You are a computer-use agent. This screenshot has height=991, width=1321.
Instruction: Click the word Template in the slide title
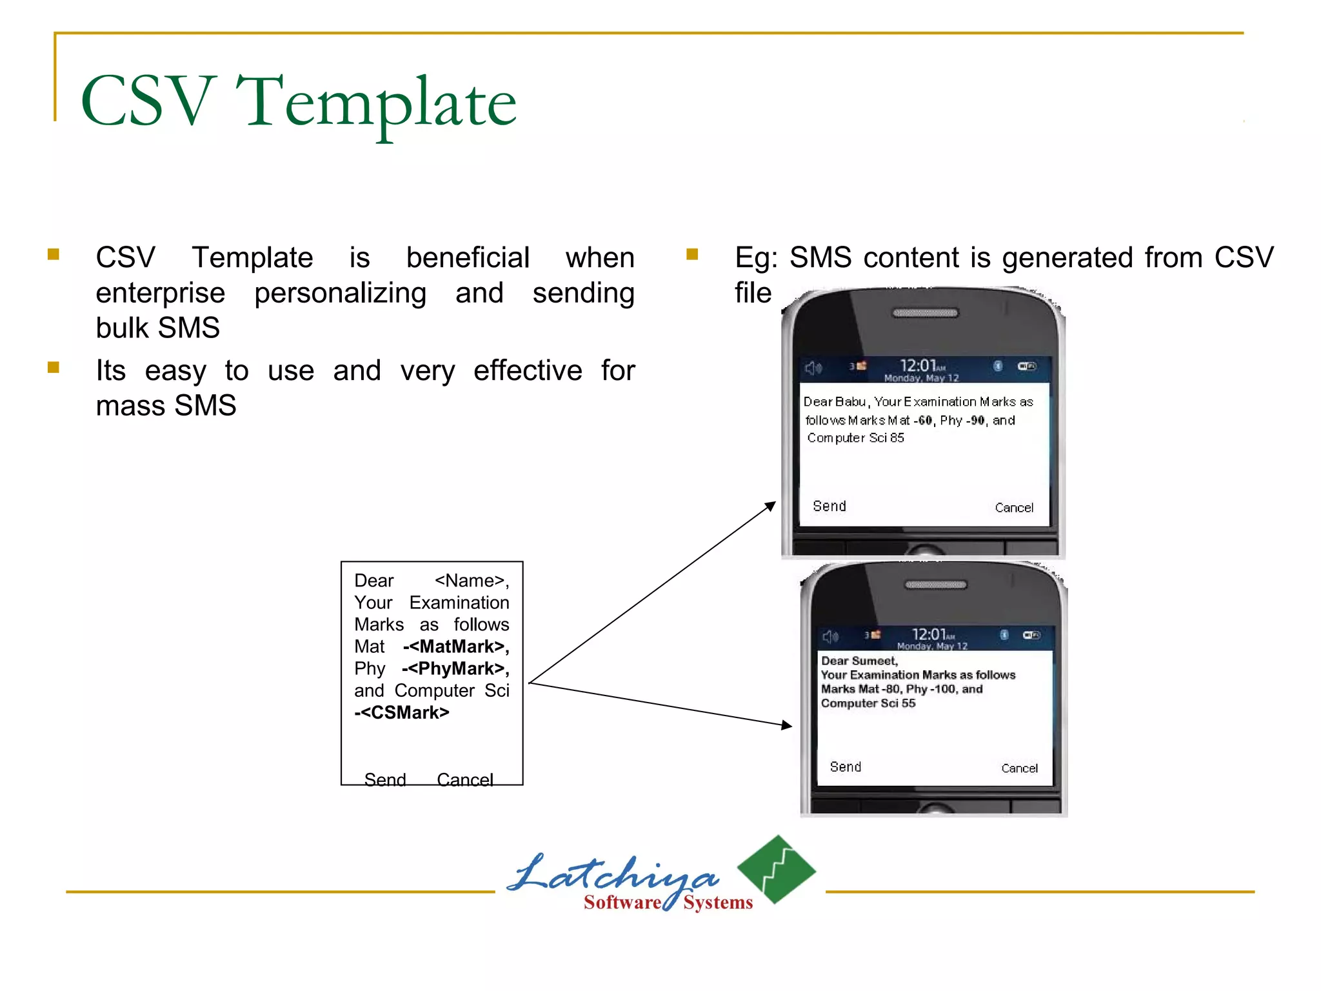point(376,103)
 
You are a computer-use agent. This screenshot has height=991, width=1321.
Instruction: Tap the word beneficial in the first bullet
point(468,257)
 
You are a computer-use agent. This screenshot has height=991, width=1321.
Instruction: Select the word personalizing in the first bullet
point(340,294)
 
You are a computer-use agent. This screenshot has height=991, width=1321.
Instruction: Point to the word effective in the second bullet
point(528,371)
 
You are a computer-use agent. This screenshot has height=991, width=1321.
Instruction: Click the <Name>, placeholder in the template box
point(472,581)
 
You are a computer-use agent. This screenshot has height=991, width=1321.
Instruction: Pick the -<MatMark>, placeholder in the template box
point(456,646)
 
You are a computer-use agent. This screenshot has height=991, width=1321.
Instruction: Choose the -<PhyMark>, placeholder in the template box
point(455,668)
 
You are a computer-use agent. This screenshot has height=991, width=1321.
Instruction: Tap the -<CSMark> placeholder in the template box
point(402,712)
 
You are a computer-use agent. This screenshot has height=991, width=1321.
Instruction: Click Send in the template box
point(385,779)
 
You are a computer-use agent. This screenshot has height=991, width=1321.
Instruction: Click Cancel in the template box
point(465,779)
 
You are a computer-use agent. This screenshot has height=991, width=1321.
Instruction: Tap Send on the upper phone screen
point(829,506)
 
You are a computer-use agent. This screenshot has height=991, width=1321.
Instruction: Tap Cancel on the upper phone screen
point(1014,508)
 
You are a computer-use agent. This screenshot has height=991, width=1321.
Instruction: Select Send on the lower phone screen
point(845,767)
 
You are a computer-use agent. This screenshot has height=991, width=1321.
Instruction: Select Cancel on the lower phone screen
point(1019,768)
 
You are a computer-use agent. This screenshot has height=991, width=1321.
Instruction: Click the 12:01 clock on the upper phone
point(918,366)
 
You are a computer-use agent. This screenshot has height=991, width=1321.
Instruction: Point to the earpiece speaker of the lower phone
point(935,585)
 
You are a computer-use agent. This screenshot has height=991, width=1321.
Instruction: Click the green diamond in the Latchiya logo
point(777,868)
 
